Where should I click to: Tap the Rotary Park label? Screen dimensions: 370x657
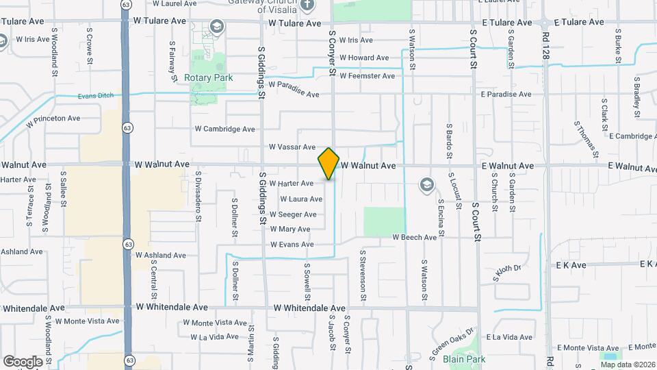point(208,78)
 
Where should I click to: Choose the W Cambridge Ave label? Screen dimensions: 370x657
point(224,129)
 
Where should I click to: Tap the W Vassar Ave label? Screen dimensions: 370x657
point(292,147)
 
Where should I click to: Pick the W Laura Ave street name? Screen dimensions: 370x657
point(300,199)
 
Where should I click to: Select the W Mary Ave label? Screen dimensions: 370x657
point(290,230)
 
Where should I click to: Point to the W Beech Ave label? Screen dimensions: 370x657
point(414,237)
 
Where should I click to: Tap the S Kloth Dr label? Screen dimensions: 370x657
point(506,274)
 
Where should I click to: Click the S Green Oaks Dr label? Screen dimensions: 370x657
point(452,341)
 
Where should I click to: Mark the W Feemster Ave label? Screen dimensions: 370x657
point(367,76)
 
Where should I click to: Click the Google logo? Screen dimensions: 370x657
point(23,361)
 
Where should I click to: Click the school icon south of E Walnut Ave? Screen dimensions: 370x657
point(427,184)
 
